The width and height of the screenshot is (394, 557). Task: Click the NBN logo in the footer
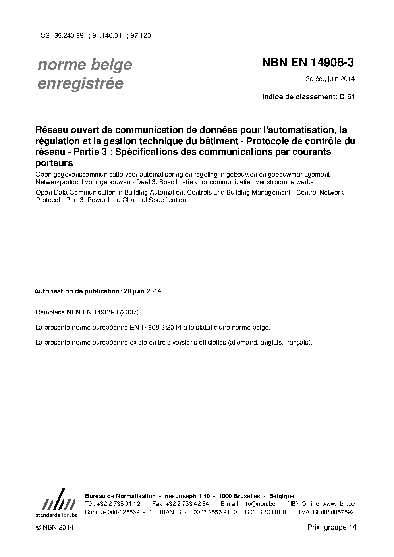point(56,503)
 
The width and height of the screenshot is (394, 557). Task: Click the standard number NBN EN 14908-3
point(308,62)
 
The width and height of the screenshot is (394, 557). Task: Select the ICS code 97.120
point(141,35)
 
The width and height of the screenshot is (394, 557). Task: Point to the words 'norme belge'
point(85,64)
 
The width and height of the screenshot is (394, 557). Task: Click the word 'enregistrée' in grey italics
point(80,83)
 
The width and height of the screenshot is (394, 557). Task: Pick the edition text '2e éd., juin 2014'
point(330,79)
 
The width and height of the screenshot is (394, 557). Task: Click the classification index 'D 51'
point(347,97)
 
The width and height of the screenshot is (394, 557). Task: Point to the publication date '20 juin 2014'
point(143,291)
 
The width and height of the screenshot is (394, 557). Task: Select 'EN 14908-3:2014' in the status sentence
point(156,328)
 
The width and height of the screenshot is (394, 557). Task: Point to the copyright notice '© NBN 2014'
point(54,528)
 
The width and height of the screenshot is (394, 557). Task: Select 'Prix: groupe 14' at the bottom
point(332,527)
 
